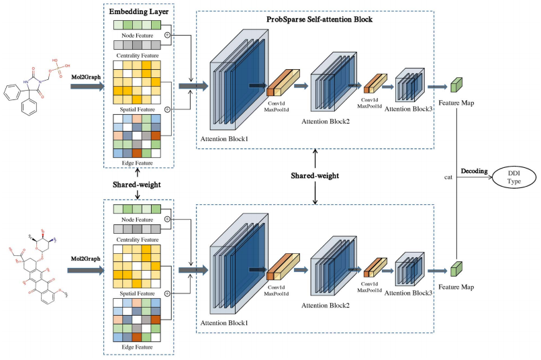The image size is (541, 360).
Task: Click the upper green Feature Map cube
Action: [456, 86]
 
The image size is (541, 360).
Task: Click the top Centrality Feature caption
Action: [138, 56]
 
